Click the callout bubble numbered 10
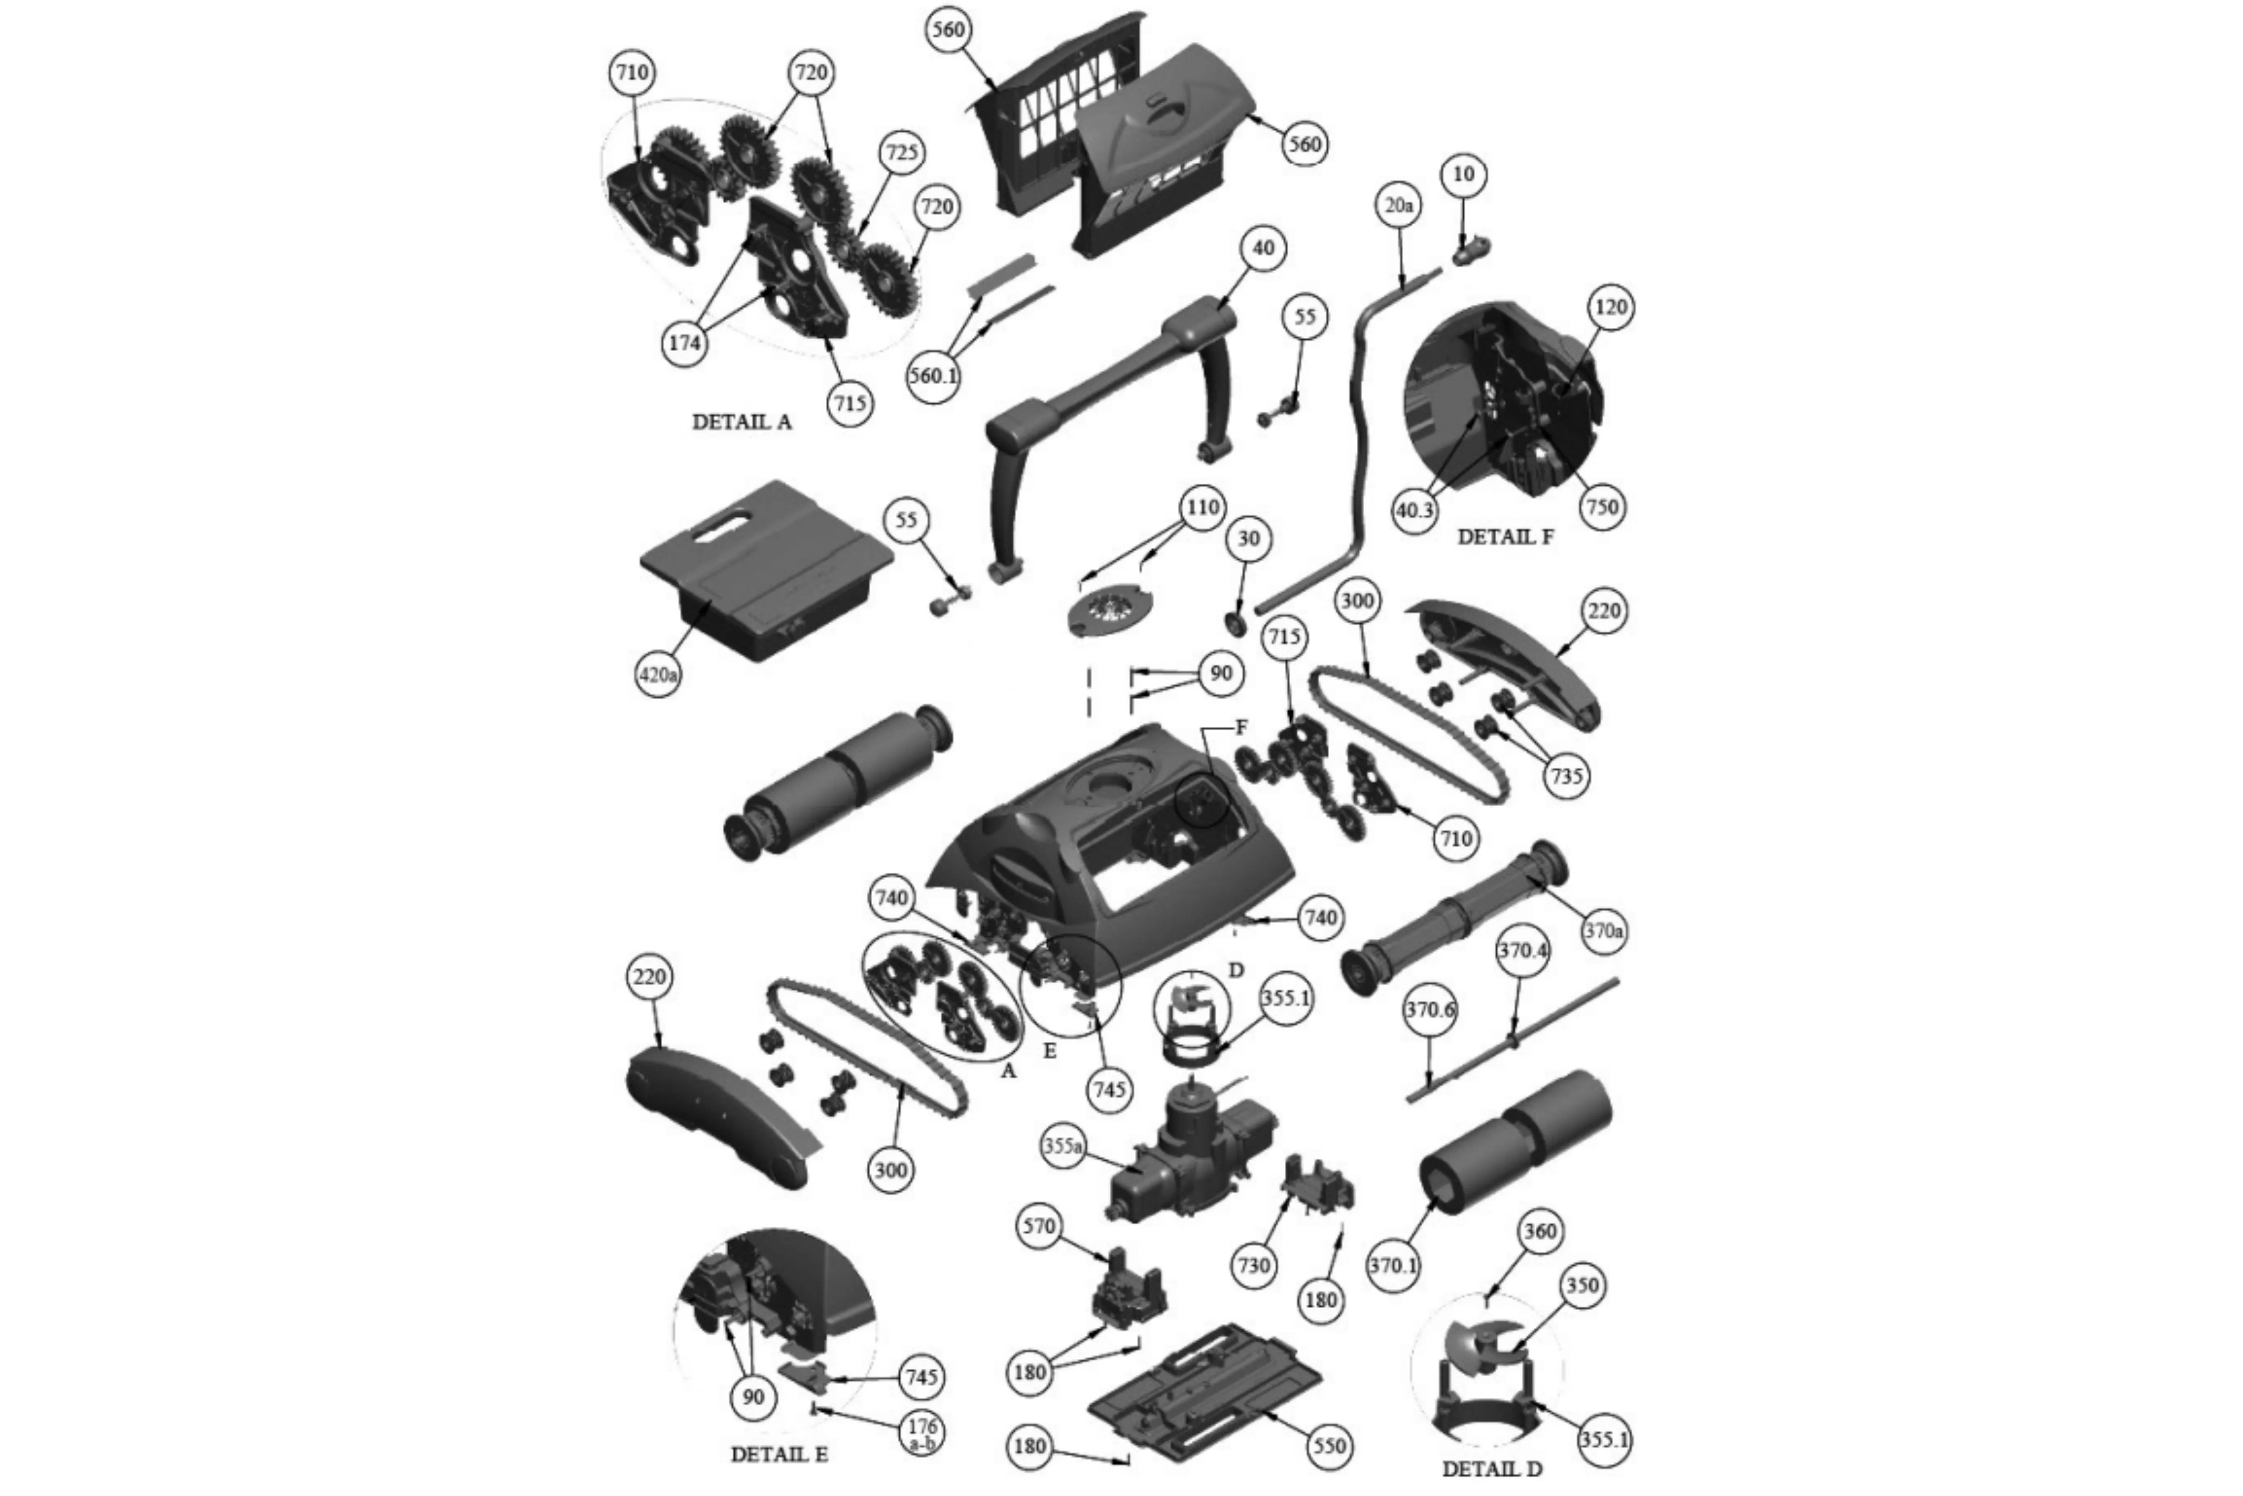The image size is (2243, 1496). coord(1463,175)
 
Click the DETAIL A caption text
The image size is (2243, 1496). coord(742,422)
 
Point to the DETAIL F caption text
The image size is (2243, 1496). coord(1506,537)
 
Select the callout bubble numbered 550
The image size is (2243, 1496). coord(1329,1446)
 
